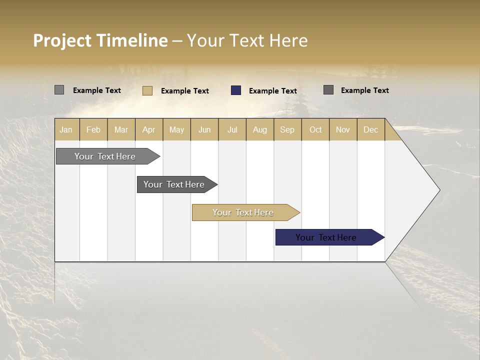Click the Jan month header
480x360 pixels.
(66, 129)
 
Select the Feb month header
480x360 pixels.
(93, 129)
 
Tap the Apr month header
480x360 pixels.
(148, 129)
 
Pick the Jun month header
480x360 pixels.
(204, 129)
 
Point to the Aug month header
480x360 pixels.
(259, 129)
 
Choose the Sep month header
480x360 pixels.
(287, 129)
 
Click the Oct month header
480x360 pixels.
(315, 129)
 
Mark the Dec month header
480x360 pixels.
(370, 129)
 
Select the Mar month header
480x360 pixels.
(121, 129)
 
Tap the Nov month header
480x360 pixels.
(342, 129)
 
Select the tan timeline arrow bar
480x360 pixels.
(243, 212)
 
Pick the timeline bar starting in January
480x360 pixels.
(105, 156)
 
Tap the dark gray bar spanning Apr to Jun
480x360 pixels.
(174, 184)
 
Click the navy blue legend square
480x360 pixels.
(236, 90)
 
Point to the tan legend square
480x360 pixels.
(147, 90)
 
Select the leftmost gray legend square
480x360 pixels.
(59, 90)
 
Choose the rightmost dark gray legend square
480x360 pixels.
(328, 90)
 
